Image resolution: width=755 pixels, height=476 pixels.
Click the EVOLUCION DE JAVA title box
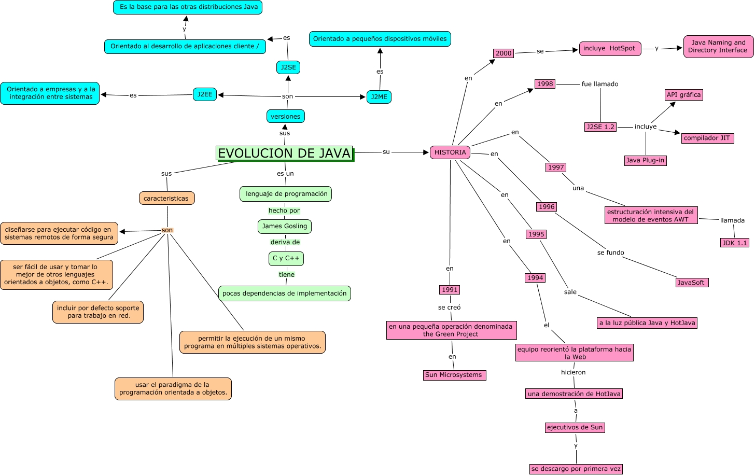pos(284,153)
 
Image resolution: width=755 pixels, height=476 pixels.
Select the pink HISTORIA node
pos(450,152)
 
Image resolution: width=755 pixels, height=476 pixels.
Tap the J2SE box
pos(288,67)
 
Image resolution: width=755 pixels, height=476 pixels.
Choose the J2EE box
pos(205,94)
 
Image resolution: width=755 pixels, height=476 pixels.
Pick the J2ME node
pos(379,97)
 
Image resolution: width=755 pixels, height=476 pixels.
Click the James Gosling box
pos(285,226)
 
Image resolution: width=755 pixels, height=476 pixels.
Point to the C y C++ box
pos(286,258)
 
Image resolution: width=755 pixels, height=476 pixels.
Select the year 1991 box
pos(450,290)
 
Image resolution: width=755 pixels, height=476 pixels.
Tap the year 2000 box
pos(504,53)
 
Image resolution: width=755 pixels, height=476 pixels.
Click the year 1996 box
pos(547,207)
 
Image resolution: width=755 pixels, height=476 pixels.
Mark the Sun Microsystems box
pos(454,375)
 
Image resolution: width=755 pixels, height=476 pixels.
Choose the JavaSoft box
pos(691,283)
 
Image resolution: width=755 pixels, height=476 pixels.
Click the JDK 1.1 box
pos(735,243)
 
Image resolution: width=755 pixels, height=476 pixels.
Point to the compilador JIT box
pos(707,138)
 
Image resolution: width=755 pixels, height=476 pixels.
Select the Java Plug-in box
pos(645,160)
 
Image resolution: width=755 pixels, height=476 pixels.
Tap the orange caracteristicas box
pos(166,199)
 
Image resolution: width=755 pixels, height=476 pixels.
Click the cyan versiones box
pos(286,117)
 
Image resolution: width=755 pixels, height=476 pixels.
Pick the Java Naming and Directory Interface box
pos(718,47)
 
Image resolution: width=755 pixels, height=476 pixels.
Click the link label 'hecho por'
pos(284,211)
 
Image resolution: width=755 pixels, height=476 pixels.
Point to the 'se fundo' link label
pos(611,253)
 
